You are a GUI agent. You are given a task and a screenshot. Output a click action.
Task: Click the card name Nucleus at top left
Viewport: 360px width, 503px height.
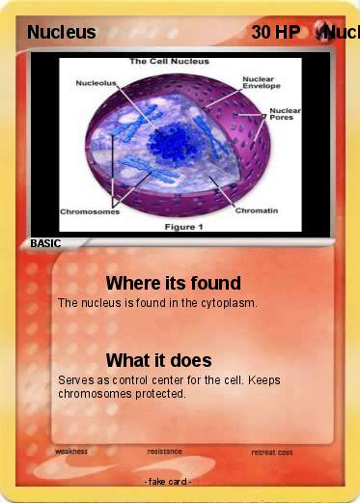point(61,33)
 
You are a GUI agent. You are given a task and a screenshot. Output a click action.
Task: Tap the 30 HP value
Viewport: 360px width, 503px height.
point(275,33)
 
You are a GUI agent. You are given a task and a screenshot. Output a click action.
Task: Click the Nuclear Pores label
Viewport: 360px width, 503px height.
point(285,114)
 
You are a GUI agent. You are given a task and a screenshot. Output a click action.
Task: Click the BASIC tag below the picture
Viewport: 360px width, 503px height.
point(45,244)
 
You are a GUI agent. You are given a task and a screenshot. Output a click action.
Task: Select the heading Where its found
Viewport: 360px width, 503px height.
point(173,283)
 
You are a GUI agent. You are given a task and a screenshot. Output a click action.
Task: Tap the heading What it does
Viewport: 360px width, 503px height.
point(158,360)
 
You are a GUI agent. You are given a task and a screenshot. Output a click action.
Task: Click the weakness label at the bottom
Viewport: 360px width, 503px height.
point(71,451)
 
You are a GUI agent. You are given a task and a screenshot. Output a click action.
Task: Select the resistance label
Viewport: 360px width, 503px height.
point(165,451)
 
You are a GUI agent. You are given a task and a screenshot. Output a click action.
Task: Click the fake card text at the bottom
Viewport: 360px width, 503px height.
point(167,481)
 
